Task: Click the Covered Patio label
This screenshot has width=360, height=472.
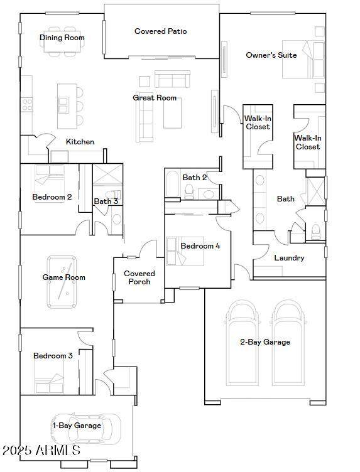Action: click(161, 31)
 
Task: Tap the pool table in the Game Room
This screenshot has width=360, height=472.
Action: click(62, 282)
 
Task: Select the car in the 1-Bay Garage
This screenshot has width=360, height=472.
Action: click(85, 427)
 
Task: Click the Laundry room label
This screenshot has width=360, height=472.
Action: click(289, 258)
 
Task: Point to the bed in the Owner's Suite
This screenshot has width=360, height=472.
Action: click(303, 59)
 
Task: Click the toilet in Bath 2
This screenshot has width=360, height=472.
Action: click(189, 191)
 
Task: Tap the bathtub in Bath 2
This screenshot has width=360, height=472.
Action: click(173, 184)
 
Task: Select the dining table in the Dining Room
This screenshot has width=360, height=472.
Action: click(62, 41)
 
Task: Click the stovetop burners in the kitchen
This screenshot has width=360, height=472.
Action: click(27, 104)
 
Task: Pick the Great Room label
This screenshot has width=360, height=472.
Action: click(155, 98)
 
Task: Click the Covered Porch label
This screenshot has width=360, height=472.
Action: click(139, 277)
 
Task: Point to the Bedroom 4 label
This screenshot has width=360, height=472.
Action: click(200, 246)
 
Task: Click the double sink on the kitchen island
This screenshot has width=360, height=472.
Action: click(63, 104)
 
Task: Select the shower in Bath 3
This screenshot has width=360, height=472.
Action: click(107, 174)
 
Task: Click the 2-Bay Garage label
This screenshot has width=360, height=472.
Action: click(265, 342)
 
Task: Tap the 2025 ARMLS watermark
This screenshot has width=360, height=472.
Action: click(41, 450)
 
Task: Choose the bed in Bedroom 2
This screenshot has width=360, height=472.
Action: click(50, 183)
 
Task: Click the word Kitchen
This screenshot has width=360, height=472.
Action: click(80, 142)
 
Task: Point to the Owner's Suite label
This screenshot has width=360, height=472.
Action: click(271, 55)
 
